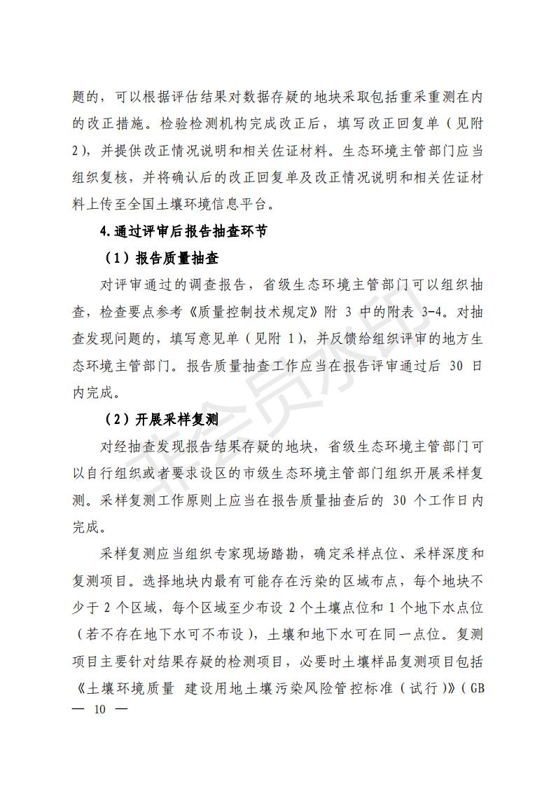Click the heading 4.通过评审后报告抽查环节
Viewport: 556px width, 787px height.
183,232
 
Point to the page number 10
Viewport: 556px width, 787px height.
99,710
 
